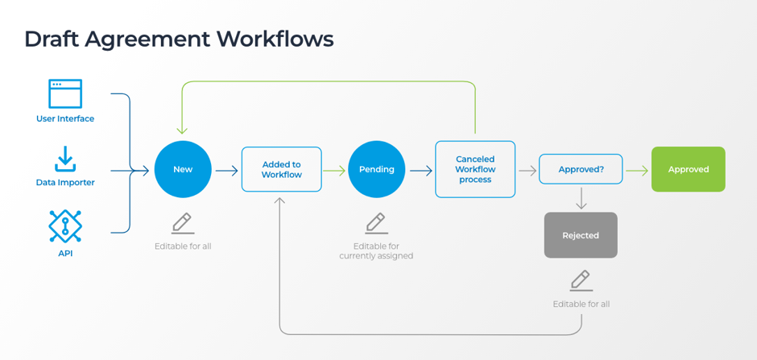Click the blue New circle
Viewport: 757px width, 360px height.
[183, 170]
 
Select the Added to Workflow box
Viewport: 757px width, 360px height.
[281, 169]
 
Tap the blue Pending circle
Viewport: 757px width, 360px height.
[376, 170]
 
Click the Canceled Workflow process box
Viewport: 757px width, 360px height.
[475, 169]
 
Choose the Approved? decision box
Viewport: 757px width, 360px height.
[580, 170]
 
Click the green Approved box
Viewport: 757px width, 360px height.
[688, 169]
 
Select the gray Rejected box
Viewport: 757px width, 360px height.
[581, 235]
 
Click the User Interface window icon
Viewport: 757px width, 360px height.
[65, 94]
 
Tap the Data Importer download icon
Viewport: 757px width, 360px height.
[65, 159]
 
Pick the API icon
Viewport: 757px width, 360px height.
[65, 226]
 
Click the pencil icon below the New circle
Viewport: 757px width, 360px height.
[183, 223]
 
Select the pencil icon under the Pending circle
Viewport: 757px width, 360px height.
[376, 223]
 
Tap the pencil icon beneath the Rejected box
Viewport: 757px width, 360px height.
[581, 280]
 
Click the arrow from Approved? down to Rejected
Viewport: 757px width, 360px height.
[581, 199]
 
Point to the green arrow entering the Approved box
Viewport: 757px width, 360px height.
[636, 170]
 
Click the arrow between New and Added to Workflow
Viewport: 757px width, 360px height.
[226, 170]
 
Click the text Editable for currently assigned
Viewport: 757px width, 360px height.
[376, 251]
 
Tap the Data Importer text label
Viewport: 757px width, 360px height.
[65, 183]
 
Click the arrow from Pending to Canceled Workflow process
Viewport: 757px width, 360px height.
[420, 170]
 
